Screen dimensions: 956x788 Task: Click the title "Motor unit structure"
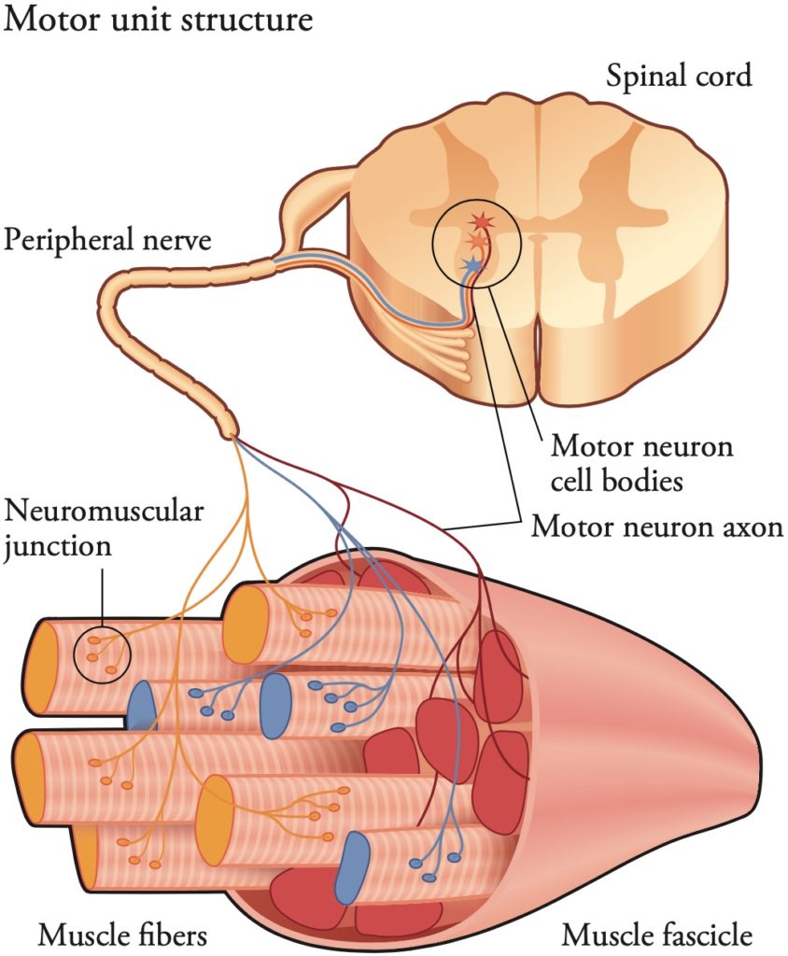[159, 20]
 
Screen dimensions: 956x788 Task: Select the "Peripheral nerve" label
[107, 240]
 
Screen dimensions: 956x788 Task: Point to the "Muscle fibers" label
[122, 934]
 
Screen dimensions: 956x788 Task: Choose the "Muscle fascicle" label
[657, 934]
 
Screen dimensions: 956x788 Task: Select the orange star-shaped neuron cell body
[476, 243]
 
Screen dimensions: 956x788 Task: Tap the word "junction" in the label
[58, 544]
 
